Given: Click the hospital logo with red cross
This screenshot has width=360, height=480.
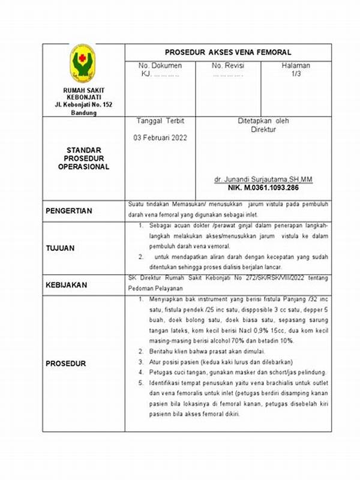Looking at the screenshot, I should (83, 64).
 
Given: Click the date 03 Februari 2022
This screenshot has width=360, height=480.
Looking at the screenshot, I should (160, 137).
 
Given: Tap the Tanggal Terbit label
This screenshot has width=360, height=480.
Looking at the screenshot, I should (160, 121).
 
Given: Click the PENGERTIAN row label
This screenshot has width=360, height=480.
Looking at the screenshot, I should (70, 211).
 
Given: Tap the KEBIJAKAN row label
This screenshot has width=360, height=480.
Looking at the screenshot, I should (66, 286).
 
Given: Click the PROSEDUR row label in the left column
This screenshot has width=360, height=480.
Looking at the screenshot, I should (66, 364).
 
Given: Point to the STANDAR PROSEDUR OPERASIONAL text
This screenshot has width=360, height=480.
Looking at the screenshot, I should (83, 158).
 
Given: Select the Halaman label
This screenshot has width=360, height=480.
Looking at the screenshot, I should (296, 65).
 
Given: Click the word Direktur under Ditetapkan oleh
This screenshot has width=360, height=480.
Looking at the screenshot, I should (263, 129).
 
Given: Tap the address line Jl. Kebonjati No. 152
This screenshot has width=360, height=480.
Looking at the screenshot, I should (83, 105).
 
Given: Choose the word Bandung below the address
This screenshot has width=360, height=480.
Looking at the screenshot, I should (83, 113).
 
